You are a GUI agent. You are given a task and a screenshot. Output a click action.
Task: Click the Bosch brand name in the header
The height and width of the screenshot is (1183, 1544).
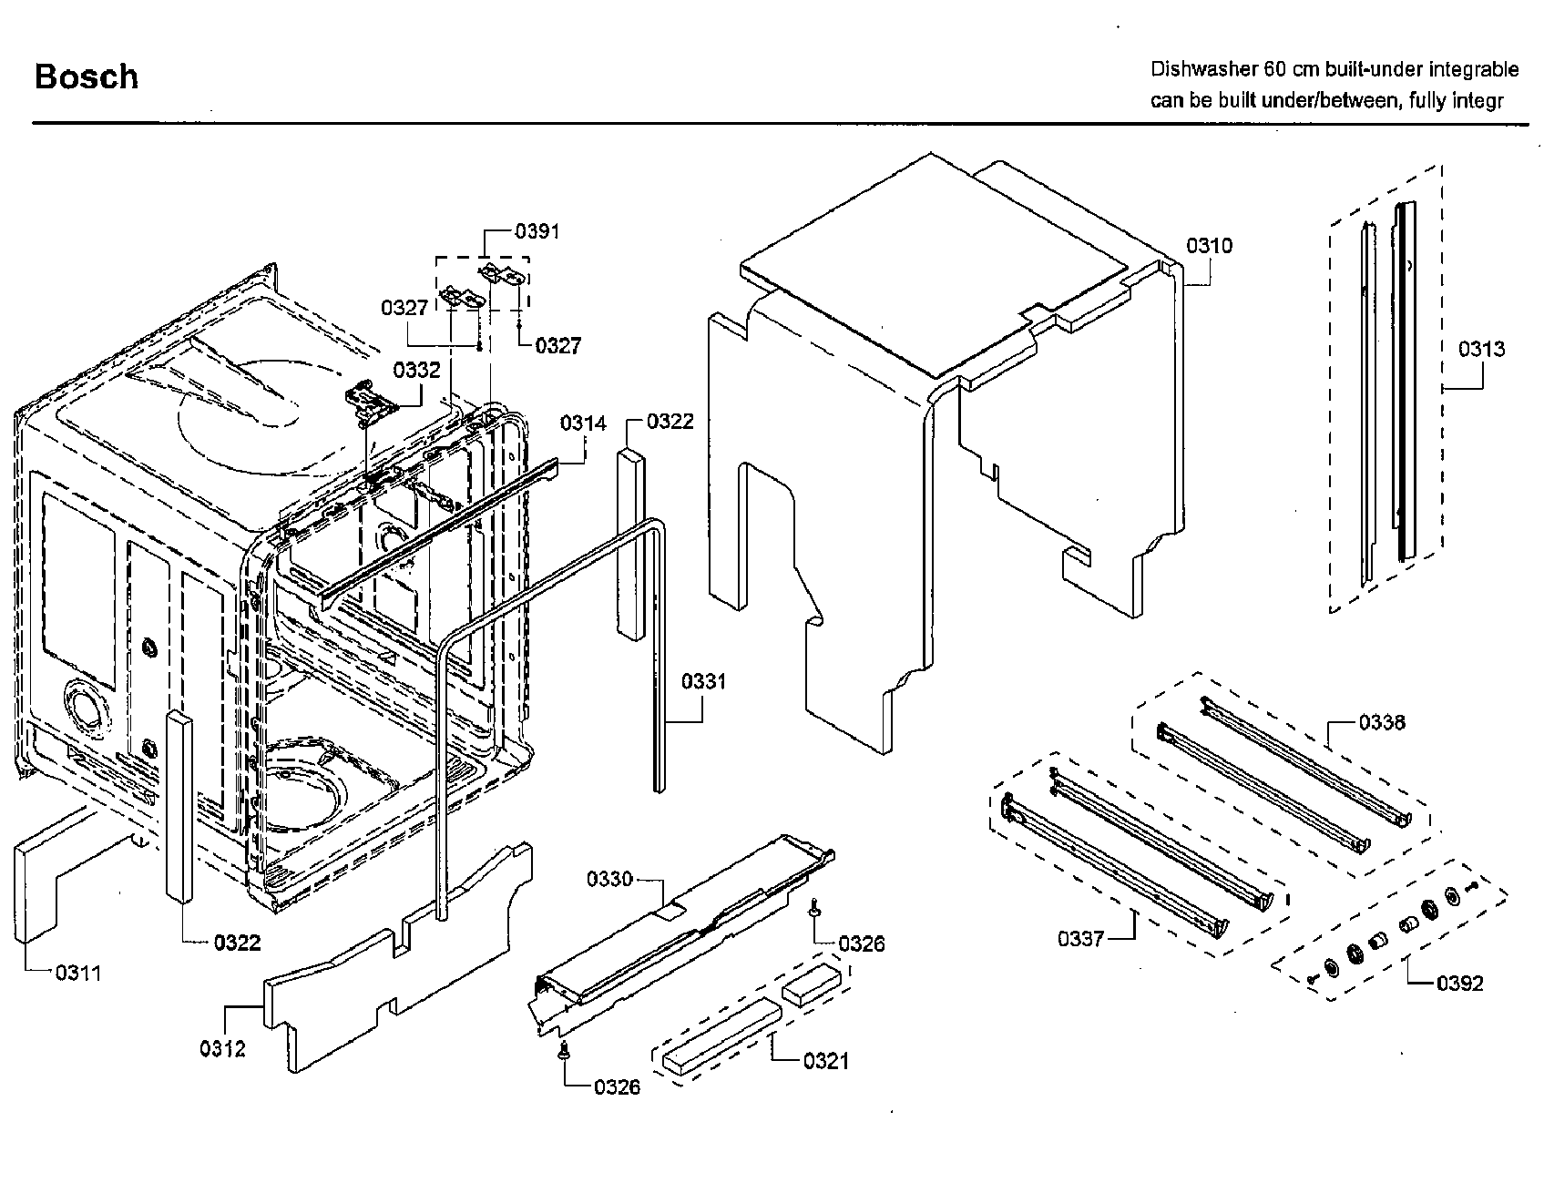tap(87, 76)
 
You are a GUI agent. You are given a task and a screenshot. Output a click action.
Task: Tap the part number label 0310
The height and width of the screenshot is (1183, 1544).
tap(1209, 245)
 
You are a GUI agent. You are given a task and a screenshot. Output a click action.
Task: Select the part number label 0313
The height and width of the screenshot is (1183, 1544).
tap(1481, 348)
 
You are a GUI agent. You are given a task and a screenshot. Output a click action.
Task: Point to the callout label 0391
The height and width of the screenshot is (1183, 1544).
tap(537, 231)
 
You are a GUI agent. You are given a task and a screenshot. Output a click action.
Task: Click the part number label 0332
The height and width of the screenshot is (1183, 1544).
tap(416, 370)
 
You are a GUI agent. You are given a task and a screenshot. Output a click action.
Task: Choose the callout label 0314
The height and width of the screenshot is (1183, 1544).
tap(583, 423)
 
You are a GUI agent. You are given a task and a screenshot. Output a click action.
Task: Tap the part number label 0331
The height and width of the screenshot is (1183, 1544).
tap(703, 681)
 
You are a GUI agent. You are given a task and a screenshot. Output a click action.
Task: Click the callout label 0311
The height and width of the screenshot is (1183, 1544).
tap(78, 973)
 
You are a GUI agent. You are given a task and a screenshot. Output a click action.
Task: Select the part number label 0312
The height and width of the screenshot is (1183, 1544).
tap(223, 1048)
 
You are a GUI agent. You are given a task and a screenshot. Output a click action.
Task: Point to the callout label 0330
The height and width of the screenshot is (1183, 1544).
tap(609, 879)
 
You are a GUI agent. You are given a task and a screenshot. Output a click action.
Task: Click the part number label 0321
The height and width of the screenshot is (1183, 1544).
tap(825, 1061)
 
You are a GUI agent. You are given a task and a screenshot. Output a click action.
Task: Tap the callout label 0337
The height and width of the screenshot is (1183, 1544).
tap(1080, 938)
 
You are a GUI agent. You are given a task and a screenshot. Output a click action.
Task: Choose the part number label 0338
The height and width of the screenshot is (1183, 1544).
tap(1382, 722)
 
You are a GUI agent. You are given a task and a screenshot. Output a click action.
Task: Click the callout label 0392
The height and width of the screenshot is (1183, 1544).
tap(1460, 983)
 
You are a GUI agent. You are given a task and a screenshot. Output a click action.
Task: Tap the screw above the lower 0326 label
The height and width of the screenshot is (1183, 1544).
tap(564, 1052)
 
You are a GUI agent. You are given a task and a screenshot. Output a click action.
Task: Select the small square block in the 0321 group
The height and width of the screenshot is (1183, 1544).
tap(810, 984)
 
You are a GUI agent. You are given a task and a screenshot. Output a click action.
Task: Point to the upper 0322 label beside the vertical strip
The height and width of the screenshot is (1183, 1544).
tap(670, 421)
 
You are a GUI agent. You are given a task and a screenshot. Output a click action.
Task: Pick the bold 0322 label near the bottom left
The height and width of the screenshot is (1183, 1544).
tap(237, 943)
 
